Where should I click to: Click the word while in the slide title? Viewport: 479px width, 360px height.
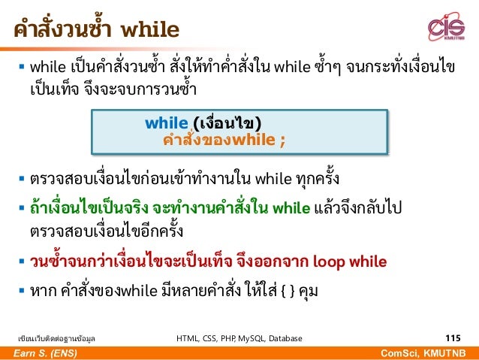[x=149, y=30]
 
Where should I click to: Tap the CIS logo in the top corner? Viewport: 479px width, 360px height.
[x=445, y=28]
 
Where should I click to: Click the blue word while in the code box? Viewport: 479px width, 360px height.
[x=167, y=123]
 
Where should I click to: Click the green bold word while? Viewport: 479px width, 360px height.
[x=292, y=208]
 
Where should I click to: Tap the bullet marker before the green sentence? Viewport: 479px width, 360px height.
[x=21, y=209]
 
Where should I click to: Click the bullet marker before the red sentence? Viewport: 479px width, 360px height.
[x=21, y=262]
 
